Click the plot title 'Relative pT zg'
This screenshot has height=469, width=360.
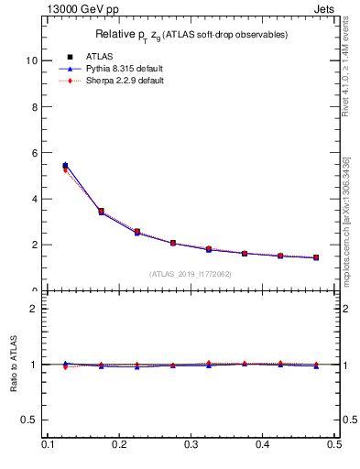pyautogui.click(x=192, y=35)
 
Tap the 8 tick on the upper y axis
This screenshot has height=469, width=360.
pyautogui.click(x=36, y=106)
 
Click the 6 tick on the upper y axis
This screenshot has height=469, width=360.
pyautogui.click(x=36, y=153)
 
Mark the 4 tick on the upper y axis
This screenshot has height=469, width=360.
pyautogui.click(x=36, y=199)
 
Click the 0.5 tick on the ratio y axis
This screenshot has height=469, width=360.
pyautogui.click(x=31, y=420)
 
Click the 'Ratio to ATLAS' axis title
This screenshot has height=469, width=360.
pyautogui.click(x=14, y=365)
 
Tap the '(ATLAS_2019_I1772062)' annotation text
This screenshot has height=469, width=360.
pyautogui.click(x=191, y=274)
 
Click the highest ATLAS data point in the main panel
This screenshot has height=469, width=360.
pyautogui.click(x=65, y=166)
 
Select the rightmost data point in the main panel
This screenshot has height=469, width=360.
pyautogui.click(x=316, y=257)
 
